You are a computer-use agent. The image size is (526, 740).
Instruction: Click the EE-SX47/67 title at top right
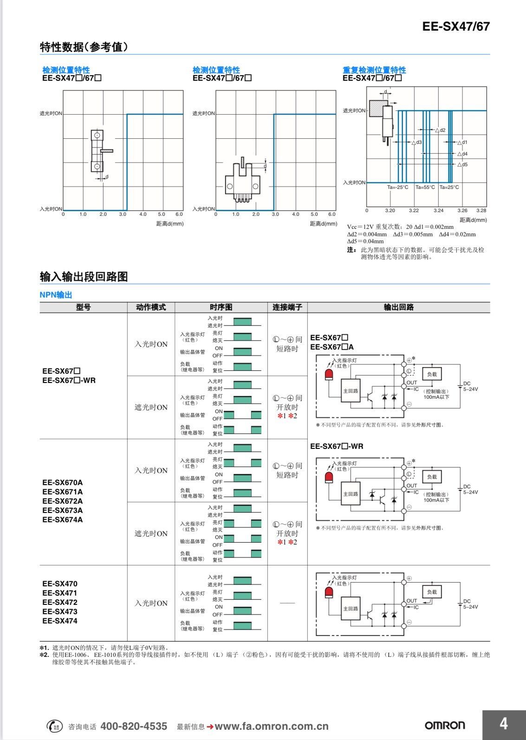(x=455, y=26)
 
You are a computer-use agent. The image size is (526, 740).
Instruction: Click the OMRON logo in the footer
(x=444, y=725)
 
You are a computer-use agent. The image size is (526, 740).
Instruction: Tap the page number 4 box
(x=503, y=724)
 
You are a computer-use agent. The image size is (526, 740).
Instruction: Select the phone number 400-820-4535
(x=134, y=726)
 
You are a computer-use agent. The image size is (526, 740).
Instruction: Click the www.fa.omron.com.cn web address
(x=271, y=727)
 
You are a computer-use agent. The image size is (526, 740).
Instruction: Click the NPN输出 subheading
(x=56, y=295)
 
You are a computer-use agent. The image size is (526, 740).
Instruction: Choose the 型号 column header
(x=83, y=307)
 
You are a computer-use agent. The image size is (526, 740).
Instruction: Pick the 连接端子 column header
(x=287, y=307)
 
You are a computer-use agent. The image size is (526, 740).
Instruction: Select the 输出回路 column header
(x=398, y=307)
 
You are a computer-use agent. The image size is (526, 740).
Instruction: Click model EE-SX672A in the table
(x=62, y=501)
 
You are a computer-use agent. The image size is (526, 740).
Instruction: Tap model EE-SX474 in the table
(x=59, y=621)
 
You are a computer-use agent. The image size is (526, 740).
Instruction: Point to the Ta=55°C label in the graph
(x=425, y=188)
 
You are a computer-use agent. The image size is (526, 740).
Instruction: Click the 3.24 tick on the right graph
(x=438, y=210)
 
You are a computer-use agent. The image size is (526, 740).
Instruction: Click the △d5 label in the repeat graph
(x=462, y=164)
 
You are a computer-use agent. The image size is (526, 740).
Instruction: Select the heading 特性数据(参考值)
(x=84, y=47)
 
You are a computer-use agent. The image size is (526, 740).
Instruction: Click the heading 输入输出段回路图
(x=84, y=277)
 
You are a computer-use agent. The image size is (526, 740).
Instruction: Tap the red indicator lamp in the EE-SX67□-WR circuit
(x=329, y=477)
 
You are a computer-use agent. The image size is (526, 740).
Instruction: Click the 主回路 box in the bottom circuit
(x=350, y=608)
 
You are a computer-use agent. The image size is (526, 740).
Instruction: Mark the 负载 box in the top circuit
(x=432, y=374)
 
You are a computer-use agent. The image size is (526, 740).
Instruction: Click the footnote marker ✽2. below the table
(x=44, y=655)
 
